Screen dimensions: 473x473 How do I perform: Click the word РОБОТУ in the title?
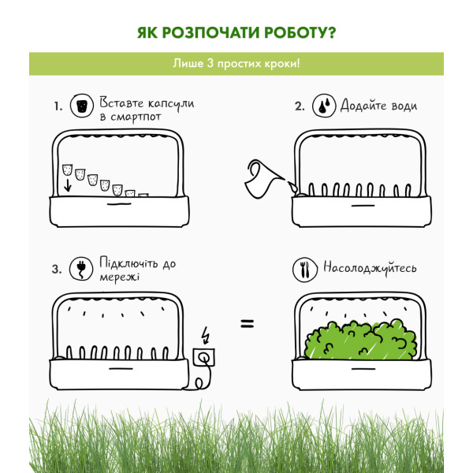(300, 32)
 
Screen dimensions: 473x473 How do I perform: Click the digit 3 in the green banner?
(210, 63)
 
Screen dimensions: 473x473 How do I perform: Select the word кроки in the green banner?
(281, 64)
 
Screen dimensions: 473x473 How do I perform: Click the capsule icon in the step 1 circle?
(82, 106)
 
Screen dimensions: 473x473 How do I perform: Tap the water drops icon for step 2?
(324, 106)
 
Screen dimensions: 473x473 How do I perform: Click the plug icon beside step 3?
(81, 269)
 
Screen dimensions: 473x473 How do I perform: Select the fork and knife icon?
(305, 270)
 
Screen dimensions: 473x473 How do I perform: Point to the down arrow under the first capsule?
(68, 185)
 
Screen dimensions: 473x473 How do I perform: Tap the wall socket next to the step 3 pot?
(204, 357)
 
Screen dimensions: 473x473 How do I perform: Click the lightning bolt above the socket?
(206, 335)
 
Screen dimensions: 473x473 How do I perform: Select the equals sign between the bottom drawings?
(248, 324)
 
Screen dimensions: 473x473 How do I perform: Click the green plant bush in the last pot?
(361, 340)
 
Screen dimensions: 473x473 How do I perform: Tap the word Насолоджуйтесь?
(371, 267)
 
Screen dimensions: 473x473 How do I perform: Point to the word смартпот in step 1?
(136, 117)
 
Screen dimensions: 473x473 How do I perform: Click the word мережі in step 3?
(120, 277)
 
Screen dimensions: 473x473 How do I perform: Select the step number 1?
(58, 106)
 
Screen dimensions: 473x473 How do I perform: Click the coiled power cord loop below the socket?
(199, 383)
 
